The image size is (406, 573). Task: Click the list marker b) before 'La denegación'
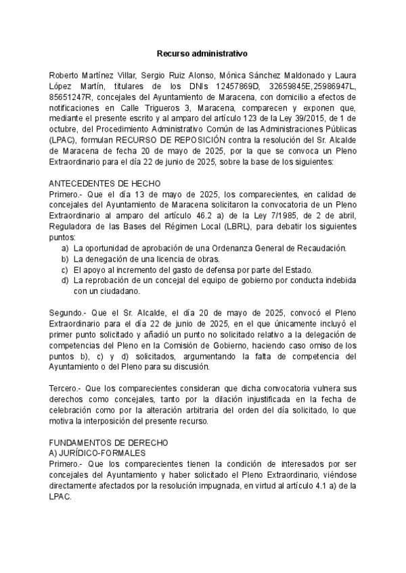point(66,259)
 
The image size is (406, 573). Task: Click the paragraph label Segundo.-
point(69,313)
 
